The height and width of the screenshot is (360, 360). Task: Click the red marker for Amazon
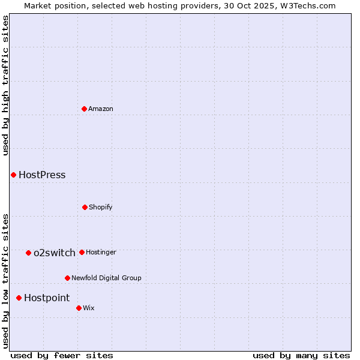pyautogui.click(x=84, y=109)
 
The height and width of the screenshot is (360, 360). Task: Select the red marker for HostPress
pyautogui.click(x=13, y=175)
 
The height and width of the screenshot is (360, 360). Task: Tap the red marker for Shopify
pyautogui.click(x=85, y=207)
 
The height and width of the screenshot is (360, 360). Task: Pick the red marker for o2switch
pyautogui.click(x=28, y=253)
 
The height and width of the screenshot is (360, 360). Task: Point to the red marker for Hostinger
pyautogui.click(x=82, y=252)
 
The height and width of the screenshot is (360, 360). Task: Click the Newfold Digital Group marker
pyautogui.click(x=67, y=278)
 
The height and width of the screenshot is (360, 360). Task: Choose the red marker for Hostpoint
pyautogui.click(x=19, y=298)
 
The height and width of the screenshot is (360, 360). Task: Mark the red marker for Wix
pyautogui.click(x=79, y=308)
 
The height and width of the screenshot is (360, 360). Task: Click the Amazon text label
pyautogui.click(x=101, y=109)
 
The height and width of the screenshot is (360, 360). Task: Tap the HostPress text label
pyautogui.click(x=42, y=175)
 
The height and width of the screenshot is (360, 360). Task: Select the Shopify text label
pyautogui.click(x=101, y=207)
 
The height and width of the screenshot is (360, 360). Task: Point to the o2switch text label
pyautogui.click(x=55, y=253)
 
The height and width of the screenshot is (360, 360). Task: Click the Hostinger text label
pyautogui.click(x=101, y=252)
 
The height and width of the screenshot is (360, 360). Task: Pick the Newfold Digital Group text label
pyautogui.click(x=106, y=278)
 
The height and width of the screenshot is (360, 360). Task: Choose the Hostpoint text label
pyautogui.click(x=47, y=298)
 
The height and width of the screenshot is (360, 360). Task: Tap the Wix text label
pyautogui.click(x=89, y=308)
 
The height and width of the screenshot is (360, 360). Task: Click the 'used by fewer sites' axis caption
pyautogui.click(x=62, y=355)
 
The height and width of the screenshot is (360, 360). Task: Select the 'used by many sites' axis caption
pyautogui.click(x=301, y=355)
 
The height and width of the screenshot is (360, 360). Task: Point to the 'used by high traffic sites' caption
pyautogui.click(x=5, y=85)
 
